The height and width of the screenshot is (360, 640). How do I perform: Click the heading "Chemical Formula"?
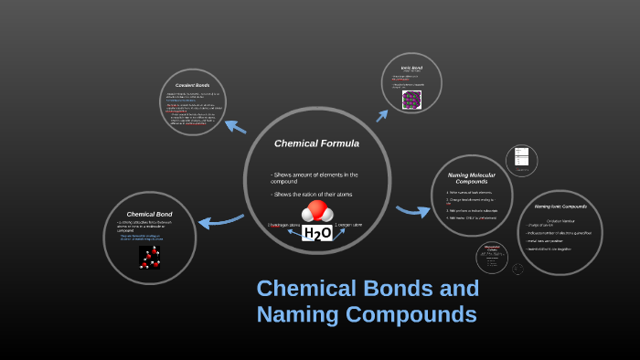(316, 143)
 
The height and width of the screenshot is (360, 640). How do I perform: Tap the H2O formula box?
(317, 233)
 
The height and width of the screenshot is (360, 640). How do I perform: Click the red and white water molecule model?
(317, 211)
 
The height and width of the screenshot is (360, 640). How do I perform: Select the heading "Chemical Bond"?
(149, 214)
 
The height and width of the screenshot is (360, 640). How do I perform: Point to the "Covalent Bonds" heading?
(192, 85)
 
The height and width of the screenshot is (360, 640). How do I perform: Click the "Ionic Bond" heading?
(411, 68)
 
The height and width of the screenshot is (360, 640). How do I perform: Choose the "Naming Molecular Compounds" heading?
(471, 177)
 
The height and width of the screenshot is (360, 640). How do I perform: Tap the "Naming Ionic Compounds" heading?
(560, 206)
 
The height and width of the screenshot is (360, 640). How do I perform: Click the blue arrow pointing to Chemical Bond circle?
(219, 220)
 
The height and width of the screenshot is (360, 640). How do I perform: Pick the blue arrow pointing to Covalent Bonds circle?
(235, 126)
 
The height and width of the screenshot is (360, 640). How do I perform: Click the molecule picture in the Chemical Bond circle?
(149, 257)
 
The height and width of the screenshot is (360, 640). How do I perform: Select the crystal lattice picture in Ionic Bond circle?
(411, 99)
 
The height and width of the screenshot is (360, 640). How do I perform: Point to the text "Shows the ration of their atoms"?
(312, 194)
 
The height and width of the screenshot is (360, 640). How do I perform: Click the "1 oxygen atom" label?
(348, 225)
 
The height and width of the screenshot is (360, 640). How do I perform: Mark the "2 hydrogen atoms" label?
(283, 225)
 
